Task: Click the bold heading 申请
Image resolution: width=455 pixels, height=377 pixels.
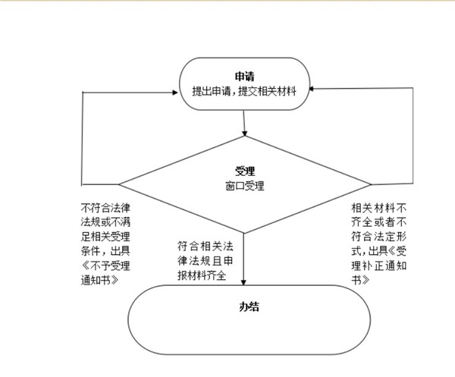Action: [245, 77]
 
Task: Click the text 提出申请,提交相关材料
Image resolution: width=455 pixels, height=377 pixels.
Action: [244, 91]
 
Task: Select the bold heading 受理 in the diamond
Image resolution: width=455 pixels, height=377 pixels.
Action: [245, 171]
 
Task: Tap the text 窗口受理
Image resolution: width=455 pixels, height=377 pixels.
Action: [245, 186]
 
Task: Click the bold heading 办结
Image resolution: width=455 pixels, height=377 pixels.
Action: [249, 306]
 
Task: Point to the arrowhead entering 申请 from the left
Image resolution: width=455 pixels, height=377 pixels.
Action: [175, 93]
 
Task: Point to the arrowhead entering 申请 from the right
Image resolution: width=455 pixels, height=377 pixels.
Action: [312, 89]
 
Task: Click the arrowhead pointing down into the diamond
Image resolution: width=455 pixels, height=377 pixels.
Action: [245, 134]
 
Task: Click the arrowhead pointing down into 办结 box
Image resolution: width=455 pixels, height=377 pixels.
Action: [243, 282]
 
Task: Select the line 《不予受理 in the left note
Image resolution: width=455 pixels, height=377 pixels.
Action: [105, 265]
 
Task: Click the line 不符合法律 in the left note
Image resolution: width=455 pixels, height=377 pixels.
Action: [105, 208]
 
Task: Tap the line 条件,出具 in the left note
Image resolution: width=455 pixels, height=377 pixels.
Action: [105, 251]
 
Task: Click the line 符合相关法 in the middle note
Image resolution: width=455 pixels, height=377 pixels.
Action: [206, 247]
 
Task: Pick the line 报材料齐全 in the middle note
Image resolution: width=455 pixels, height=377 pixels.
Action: [202, 275]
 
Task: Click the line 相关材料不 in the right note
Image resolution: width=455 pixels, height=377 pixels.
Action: [378, 208]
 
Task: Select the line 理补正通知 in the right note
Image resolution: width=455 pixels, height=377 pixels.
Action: [378, 265]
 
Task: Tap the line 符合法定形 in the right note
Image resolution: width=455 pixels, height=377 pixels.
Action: [378, 237]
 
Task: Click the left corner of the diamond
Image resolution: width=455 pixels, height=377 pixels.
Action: [119, 184]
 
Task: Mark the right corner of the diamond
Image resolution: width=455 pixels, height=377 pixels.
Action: [371, 184]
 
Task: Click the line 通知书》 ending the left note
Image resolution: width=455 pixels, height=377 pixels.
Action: [100, 280]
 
